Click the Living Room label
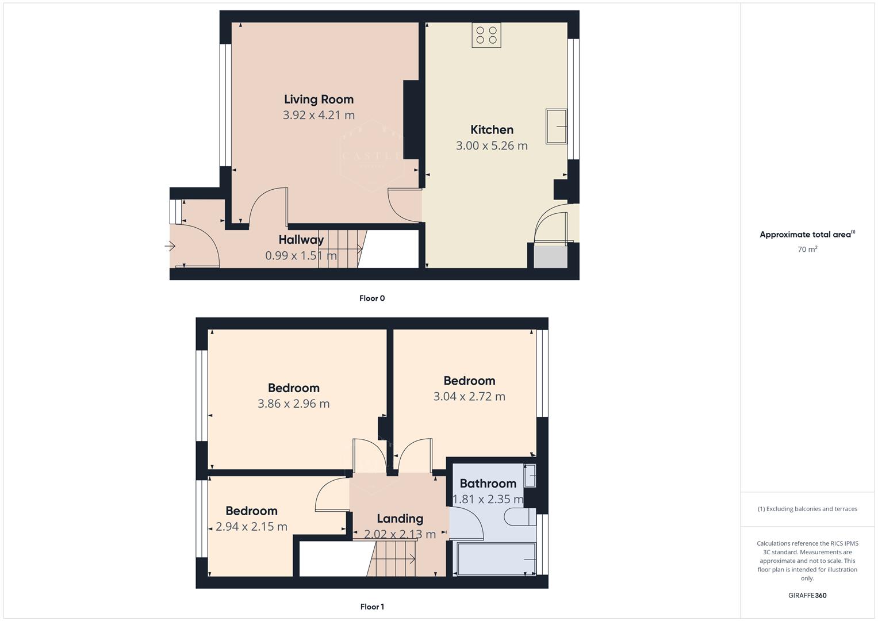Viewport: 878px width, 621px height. click(x=319, y=99)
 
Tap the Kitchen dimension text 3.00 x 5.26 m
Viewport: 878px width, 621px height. click(x=492, y=146)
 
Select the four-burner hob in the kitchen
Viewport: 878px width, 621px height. click(x=486, y=35)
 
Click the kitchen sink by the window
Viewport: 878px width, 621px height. click(x=556, y=126)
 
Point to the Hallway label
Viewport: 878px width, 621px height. click(x=301, y=240)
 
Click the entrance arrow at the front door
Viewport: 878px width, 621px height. click(x=170, y=247)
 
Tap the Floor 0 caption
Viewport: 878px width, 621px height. click(x=372, y=298)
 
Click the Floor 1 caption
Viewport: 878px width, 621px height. click(x=372, y=607)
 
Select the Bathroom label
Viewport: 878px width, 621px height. click(x=488, y=484)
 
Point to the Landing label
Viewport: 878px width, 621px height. click(x=400, y=519)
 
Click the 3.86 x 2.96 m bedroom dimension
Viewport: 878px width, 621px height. click(x=294, y=404)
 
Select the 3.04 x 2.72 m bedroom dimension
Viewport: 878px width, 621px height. click(x=469, y=397)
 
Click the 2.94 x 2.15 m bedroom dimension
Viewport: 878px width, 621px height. click(x=251, y=527)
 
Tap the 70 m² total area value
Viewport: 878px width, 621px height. click(x=807, y=250)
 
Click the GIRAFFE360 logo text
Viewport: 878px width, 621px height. click(x=807, y=596)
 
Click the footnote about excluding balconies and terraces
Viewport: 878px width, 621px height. click(x=807, y=509)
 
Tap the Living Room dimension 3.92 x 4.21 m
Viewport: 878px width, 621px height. click(x=319, y=115)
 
